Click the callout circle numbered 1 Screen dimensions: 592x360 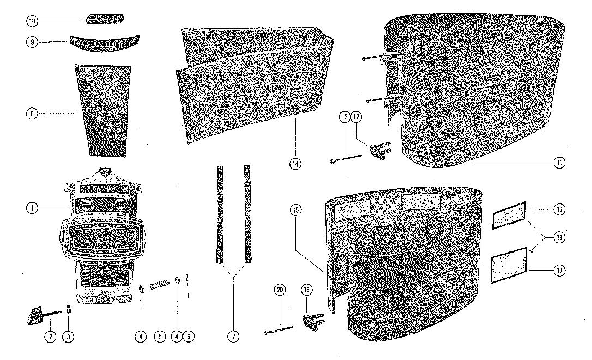click(x=32, y=208)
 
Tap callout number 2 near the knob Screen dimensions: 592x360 click(x=50, y=337)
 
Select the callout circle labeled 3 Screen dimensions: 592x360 click(x=68, y=337)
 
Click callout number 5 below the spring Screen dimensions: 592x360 click(x=160, y=337)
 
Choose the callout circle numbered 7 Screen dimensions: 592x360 click(x=233, y=337)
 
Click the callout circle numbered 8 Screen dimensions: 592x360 click(x=32, y=114)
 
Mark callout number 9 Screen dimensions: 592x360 click(x=32, y=41)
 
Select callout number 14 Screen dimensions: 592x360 click(x=295, y=163)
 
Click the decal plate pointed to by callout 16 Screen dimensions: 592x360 click(x=509, y=214)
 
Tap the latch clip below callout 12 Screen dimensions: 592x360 click(x=378, y=151)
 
